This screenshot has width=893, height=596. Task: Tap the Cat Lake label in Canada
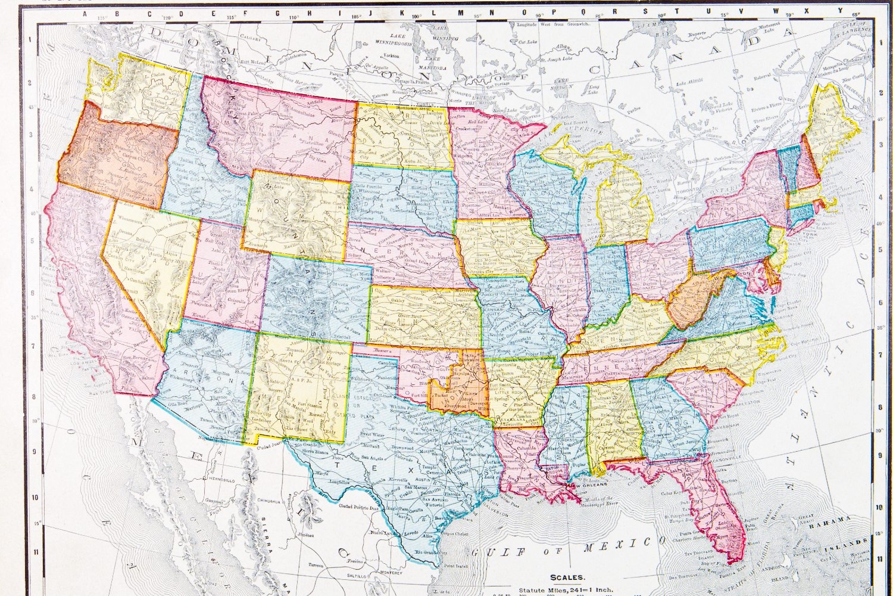[527, 42]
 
